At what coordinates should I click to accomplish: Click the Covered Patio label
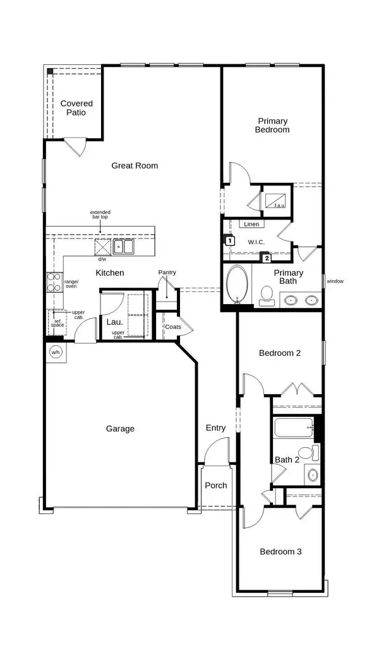(x=76, y=108)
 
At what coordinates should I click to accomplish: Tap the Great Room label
(x=135, y=166)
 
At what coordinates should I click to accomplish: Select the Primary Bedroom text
(x=272, y=125)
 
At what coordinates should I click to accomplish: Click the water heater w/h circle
(x=55, y=352)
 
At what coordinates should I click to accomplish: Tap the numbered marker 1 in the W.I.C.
(x=229, y=240)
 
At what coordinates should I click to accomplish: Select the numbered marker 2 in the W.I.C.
(x=267, y=257)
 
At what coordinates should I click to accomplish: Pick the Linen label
(x=251, y=224)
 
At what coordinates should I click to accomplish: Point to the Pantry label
(x=167, y=273)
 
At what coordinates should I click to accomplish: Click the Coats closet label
(x=172, y=327)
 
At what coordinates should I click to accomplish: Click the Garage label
(x=120, y=429)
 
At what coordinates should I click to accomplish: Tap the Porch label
(x=215, y=485)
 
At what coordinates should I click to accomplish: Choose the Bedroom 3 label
(x=280, y=551)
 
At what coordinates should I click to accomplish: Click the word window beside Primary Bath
(x=335, y=281)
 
